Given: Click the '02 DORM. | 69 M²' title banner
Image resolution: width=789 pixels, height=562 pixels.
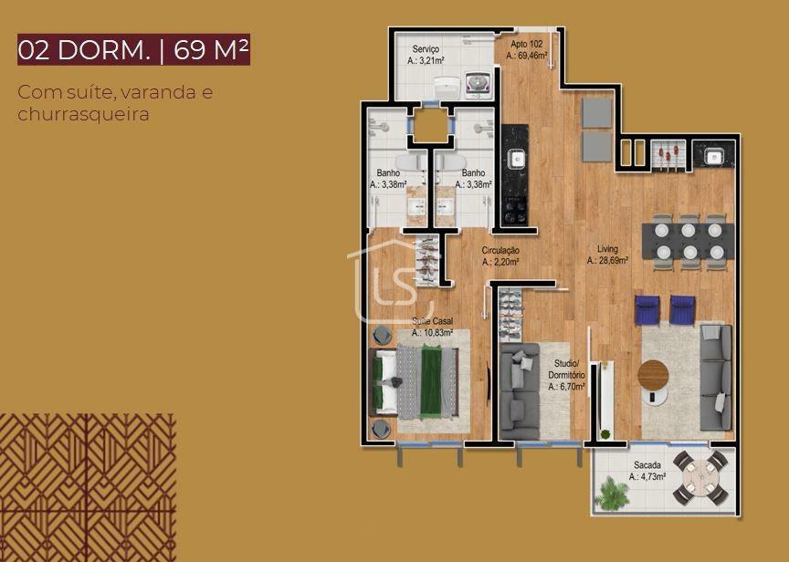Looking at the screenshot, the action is coord(134,50).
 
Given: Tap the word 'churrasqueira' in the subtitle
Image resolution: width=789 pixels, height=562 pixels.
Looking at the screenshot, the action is coord(83,114).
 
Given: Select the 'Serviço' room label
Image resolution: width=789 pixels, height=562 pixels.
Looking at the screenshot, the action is coord(426,48).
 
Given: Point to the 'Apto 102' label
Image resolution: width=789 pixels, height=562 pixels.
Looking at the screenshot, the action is coord(526,44).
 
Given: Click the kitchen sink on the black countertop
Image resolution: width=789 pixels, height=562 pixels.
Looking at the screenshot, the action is coord(516,160).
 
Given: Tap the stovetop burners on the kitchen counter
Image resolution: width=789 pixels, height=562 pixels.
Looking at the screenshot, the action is coord(516,211).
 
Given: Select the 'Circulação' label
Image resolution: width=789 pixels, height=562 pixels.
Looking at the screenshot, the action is coord(500,250).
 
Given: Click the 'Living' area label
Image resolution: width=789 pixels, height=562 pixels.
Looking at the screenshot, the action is coord(607,249).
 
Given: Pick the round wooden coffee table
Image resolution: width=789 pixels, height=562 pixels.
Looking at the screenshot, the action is coord(653,376).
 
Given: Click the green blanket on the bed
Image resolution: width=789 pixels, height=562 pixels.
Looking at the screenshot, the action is coord(431,381).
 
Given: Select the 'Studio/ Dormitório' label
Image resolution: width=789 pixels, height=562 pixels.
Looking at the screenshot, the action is coord(566,369).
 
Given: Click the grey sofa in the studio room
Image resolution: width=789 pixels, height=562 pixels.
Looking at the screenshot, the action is coord(520,391).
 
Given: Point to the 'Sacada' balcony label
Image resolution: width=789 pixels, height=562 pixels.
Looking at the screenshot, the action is coord(647,465).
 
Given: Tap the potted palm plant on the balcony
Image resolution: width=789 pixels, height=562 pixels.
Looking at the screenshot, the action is coord(612,494).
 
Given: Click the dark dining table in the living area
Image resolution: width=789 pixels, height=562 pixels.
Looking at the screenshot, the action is coord(688,241).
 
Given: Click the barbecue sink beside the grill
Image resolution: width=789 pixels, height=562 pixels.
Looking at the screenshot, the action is coord(713,157).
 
